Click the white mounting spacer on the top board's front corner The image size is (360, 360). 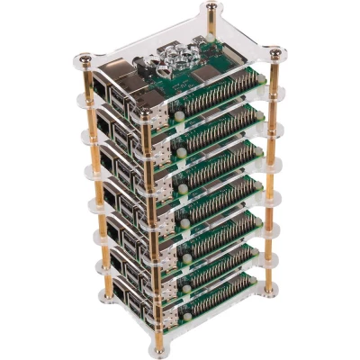179,114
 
